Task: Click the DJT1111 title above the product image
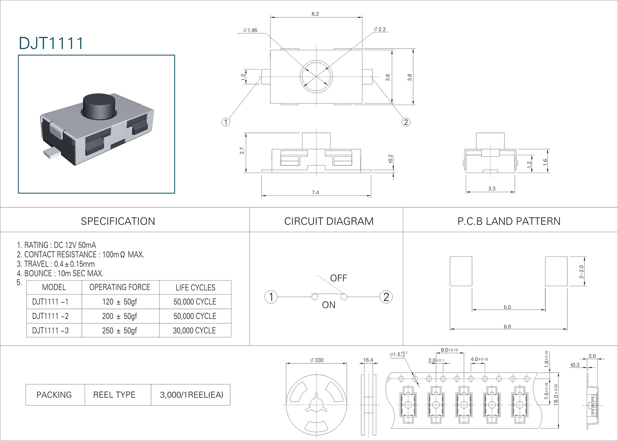51,43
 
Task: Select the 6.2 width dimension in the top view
315,14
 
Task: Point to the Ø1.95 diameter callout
250,31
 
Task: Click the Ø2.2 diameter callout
380,29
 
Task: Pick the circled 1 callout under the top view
226,122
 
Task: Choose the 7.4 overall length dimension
315,192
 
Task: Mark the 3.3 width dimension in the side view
491,189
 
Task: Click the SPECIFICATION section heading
118,221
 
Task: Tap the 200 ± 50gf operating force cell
120,316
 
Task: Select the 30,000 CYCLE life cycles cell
194,331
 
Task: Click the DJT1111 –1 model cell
50,302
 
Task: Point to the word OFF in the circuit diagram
338,278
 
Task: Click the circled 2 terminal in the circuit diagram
386,297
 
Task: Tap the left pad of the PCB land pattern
461,271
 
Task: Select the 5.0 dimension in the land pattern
507,307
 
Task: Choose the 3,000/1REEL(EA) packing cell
192,395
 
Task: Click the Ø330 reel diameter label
317,360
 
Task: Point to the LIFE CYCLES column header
195,288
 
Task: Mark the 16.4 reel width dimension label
368,360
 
